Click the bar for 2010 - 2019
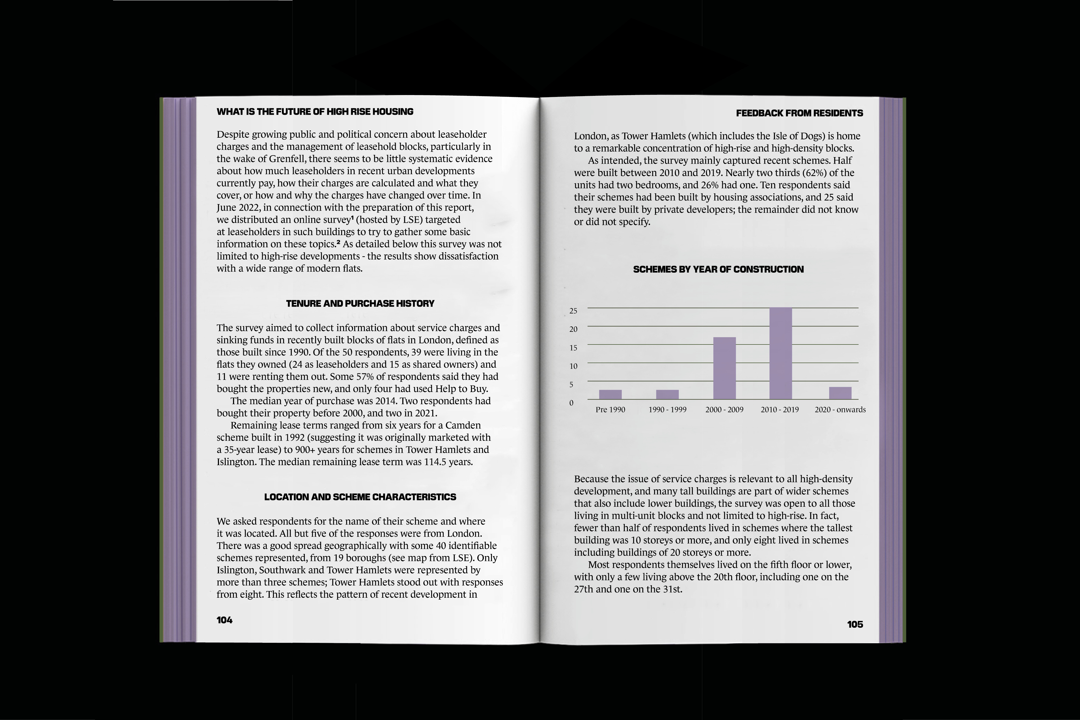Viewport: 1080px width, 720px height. [x=781, y=354]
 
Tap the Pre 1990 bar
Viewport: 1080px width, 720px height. [x=610, y=394]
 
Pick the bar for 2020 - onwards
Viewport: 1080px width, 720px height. [x=840, y=393]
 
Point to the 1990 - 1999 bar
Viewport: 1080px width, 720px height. [x=667, y=394]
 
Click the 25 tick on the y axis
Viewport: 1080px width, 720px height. [x=573, y=311]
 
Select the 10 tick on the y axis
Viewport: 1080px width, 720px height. [x=573, y=366]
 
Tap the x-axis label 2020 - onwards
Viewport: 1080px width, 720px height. [x=840, y=410]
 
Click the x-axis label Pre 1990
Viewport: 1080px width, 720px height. [x=610, y=410]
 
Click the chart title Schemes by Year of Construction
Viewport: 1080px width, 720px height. [x=718, y=269]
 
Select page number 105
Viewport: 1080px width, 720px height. [x=855, y=624]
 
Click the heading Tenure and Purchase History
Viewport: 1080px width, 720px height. [x=360, y=303]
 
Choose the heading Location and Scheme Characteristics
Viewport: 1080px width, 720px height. [x=360, y=497]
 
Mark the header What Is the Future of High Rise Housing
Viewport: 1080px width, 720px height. [x=315, y=111]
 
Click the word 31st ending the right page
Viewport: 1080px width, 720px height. [x=672, y=589]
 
